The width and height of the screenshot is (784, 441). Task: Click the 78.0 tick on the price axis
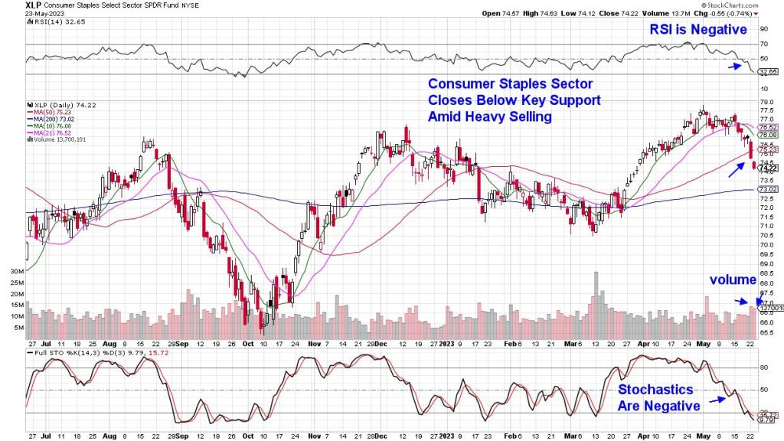point(766,102)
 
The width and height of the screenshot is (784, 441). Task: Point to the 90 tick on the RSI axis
point(763,29)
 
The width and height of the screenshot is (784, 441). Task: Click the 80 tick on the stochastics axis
point(763,367)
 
